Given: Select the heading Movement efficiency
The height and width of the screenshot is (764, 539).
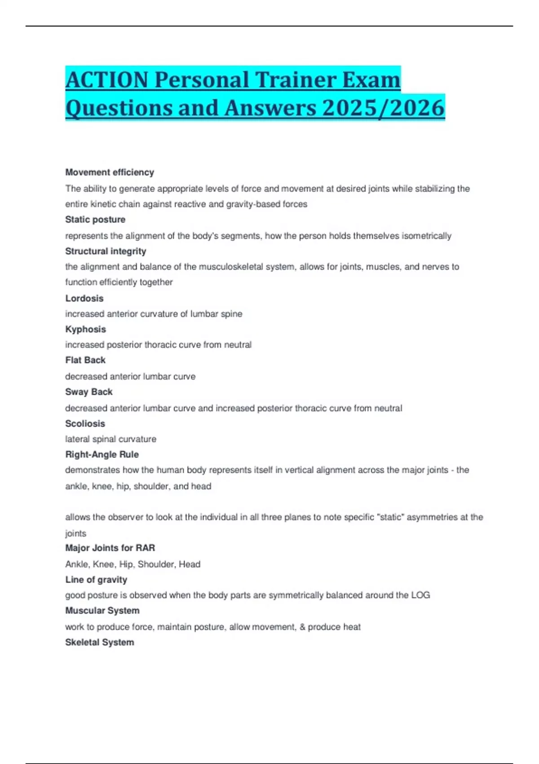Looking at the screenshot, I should pyautogui.click(x=110, y=172).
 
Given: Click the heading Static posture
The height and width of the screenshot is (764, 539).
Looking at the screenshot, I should pyautogui.click(x=95, y=220).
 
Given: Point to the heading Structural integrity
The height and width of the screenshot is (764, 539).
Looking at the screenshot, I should pyautogui.click(x=106, y=251).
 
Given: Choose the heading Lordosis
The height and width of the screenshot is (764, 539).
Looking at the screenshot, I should pyautogui.click(x=84, y=298).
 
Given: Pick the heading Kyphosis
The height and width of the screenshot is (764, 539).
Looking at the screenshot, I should pyautogui.click(x=86, y=329).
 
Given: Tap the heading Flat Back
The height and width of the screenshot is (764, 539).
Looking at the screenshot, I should pyautogui.click(x=85, y=360).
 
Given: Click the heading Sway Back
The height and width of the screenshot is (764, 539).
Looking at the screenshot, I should pyautogui.click(x=89, y=392).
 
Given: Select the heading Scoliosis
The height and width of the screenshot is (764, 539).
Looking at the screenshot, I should pyautogui.click(x=85, y=424).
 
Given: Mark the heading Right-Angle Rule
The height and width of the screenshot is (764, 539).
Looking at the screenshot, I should pyautogui.click(x=102, y=454).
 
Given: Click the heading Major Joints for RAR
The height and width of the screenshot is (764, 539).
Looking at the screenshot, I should pyautogui.click(x=110, y=548).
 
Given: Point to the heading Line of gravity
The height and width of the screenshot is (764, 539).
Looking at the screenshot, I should pyautogui.click(x=96, y=580).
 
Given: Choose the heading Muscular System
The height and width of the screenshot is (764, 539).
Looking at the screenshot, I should pyautogui.click(x=102, y=611).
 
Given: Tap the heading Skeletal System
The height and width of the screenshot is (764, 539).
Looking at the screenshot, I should pyautogui.click(x=100, y=643).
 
